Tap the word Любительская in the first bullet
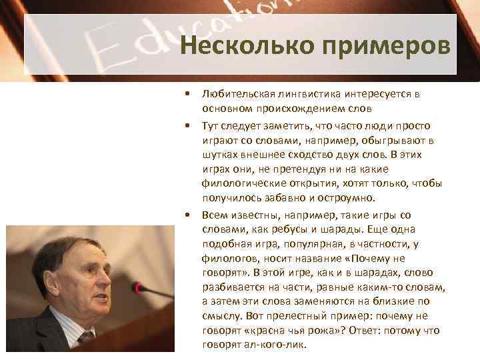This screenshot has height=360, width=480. [x=235, y=95]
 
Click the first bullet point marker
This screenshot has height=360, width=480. [x=190, y=95]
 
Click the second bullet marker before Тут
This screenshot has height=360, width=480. [x=190, y=126]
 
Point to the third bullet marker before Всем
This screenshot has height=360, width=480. [x=190, y=215]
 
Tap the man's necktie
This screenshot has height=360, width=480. [x=86, y=337]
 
